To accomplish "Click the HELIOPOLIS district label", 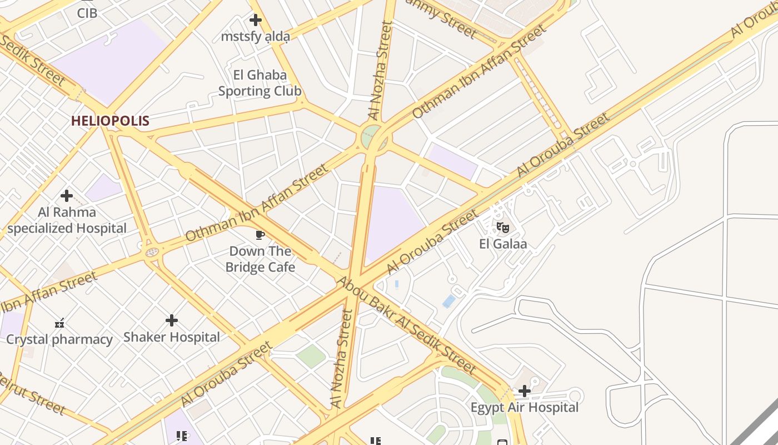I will click(x=110, y=121).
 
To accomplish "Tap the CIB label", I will click(x=87, y=12).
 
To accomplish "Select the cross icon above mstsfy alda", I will click(x=255, y=21).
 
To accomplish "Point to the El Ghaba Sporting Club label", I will click(x=260, y=83).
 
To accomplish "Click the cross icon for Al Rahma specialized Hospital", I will click(x=67, y=196).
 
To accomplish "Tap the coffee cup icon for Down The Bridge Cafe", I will click(x=260, y=235).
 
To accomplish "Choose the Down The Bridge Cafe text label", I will click(x=260, y=259).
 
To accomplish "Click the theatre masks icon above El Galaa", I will click(x=502, y=227).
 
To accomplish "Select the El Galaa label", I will click(x=503, y=244).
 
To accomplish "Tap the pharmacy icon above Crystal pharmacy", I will click(x=59, y=323).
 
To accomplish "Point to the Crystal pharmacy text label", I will click(x=59, y=339).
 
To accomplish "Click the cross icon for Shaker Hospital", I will click(x=172, y=320).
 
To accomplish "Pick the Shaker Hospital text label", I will click(x=172, y=337).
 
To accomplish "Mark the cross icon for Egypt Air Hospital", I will click(x=524, y=391).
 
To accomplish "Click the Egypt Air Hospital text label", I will click(x=525, y=408).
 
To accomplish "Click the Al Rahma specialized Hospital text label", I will click(x=67, y=220).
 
